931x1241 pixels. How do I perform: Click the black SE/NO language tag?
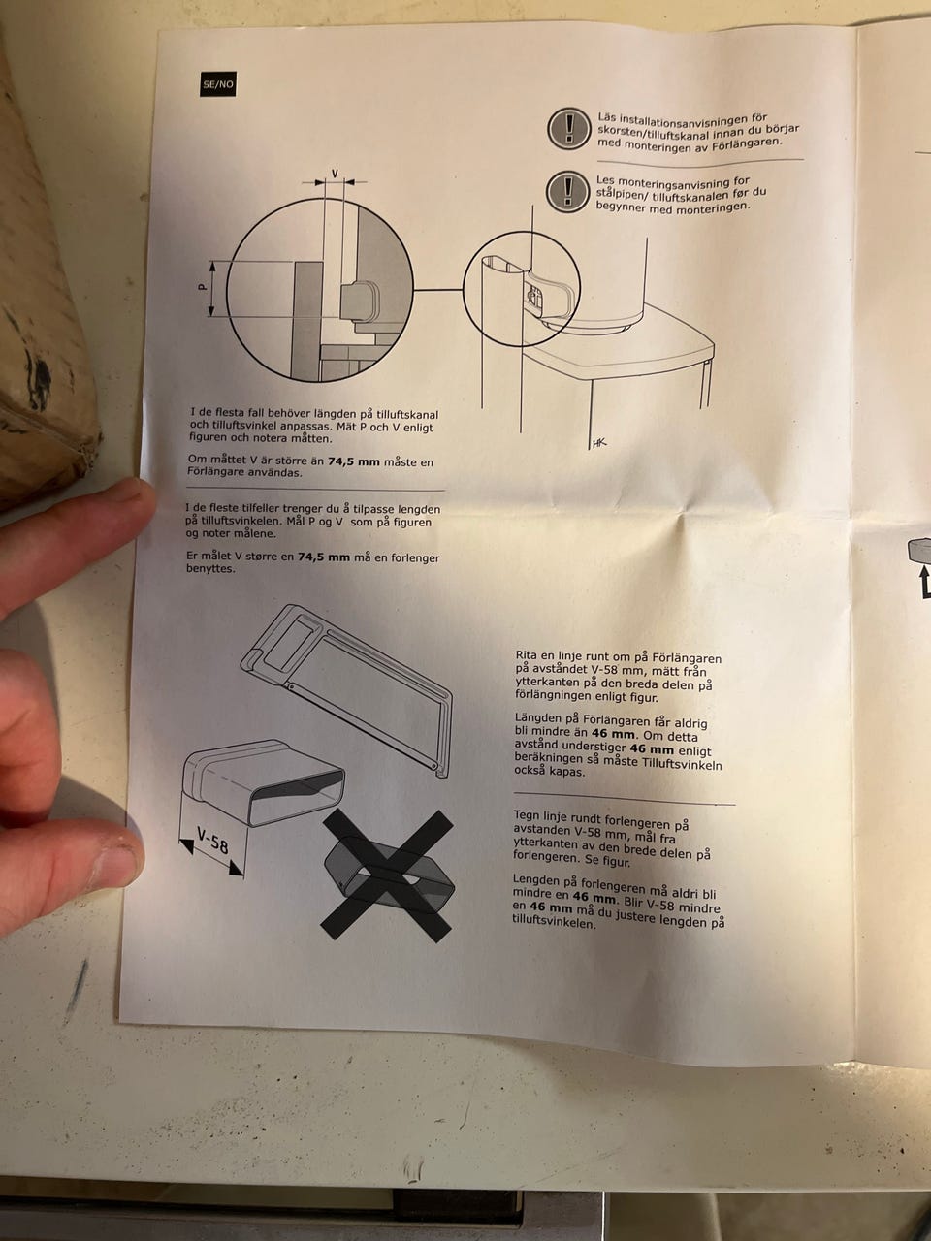pos(217,84)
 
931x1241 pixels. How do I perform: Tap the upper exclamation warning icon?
pos(569,129)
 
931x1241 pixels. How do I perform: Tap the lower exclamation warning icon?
pos(568,192)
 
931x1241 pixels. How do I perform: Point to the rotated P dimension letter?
pos(203,288)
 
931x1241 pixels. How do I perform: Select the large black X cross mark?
pos(387,875)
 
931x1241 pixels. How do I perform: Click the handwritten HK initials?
pos(598,443)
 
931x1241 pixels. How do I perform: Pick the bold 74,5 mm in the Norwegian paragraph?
pos(324,557)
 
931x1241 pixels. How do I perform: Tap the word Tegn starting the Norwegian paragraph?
pos(526,815)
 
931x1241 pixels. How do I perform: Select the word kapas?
pos(567,772)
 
